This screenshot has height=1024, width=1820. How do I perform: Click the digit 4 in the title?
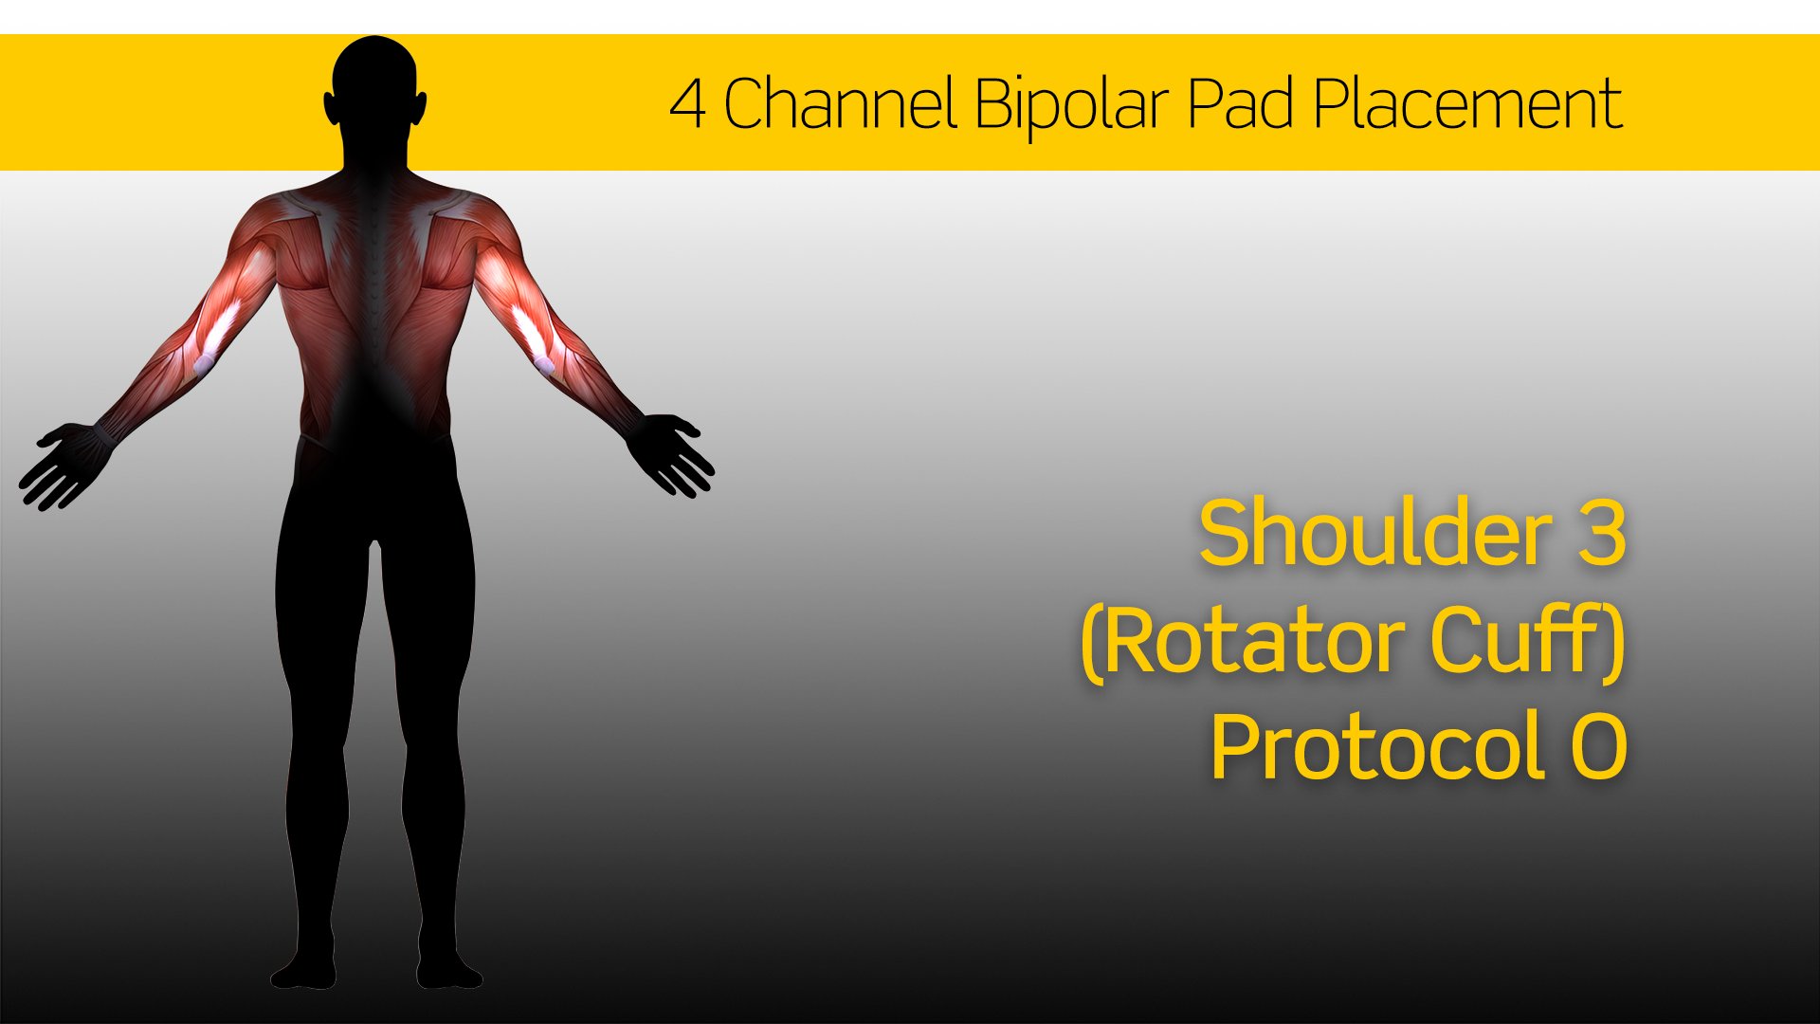[687, 104]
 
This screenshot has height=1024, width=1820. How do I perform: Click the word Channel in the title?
[840, 104]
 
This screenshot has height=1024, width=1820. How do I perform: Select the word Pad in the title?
[1241, 104]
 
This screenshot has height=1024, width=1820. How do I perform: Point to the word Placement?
[1467, 104]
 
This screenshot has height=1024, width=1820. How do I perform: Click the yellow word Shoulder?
[1374, 534]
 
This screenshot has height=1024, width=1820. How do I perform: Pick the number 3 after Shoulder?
[1602, 534]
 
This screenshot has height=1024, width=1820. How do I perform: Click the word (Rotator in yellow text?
[1243, 643]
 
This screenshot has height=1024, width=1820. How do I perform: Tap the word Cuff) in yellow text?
[1528, 641]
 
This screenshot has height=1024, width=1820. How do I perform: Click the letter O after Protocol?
[1599, 748]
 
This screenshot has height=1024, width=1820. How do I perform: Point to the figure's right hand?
[675, 453]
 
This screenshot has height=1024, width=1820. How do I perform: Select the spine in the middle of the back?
[375, 284]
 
